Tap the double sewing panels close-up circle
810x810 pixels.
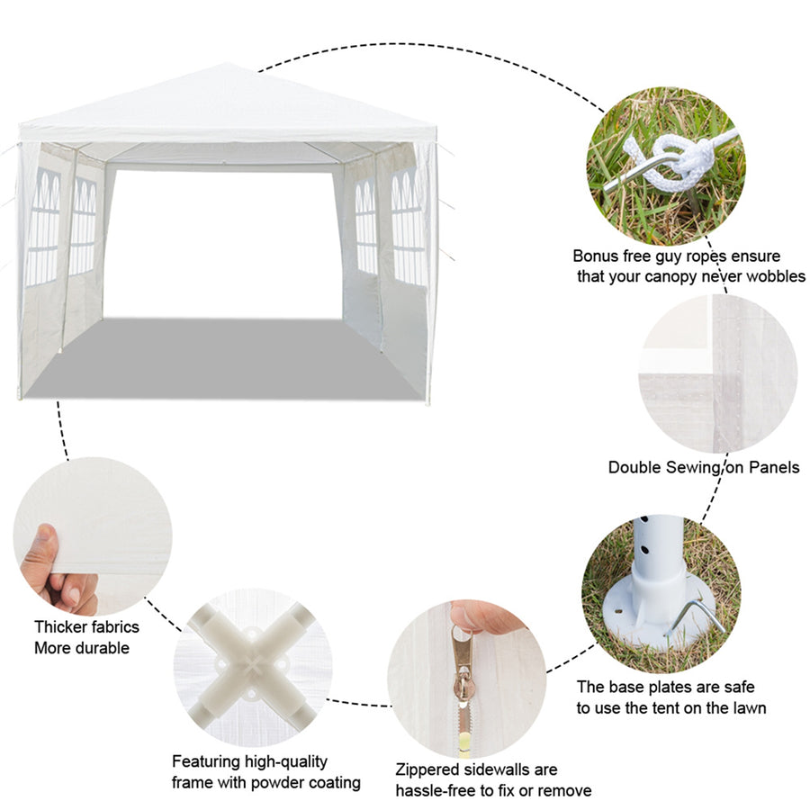tap(717, 373)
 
